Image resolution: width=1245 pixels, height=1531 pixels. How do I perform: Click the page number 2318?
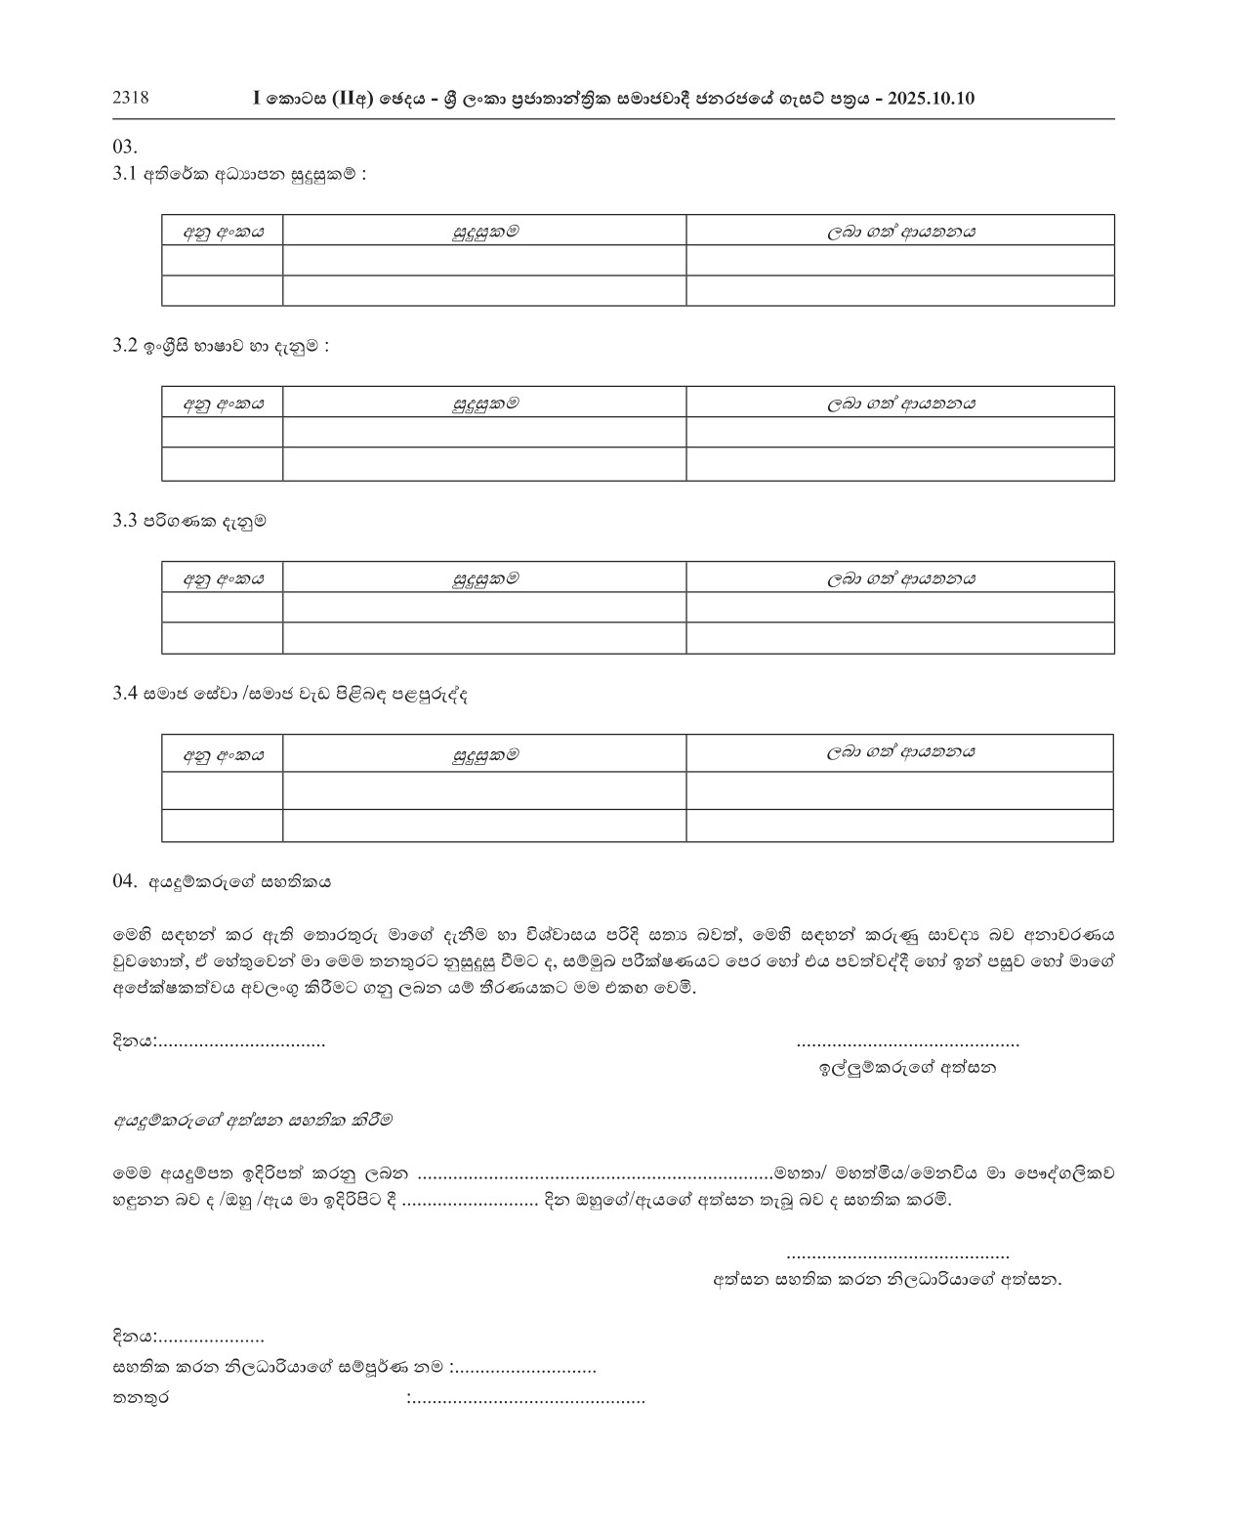click(131, 98)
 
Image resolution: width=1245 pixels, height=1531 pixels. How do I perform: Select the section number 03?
click(125, 148)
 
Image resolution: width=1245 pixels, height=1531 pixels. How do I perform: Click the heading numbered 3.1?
click(239, 176)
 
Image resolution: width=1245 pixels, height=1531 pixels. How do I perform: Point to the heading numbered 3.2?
click(221, 346)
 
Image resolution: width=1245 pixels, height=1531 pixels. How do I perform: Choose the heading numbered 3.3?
click(189, 521)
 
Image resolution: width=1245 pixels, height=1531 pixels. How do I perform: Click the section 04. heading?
click(222, 881)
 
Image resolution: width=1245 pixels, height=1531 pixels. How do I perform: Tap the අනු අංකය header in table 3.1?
click(223, 232)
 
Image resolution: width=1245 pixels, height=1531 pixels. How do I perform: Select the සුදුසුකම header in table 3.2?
click(484, 403)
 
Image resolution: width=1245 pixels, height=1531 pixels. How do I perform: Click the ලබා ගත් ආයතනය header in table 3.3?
click(900, 577)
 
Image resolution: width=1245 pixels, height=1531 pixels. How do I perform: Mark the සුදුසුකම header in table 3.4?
click(484, 753)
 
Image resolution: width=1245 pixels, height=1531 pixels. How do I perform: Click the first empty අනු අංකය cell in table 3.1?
click(223, 261)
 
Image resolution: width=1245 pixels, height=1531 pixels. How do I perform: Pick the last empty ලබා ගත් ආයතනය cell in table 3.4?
click(899, 826)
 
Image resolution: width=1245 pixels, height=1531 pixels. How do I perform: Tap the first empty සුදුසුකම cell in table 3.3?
click(484, 607)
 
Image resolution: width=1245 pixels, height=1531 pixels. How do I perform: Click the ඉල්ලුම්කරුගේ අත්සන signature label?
click(907, 1068)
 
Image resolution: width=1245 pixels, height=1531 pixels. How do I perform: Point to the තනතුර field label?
click(141, 1399)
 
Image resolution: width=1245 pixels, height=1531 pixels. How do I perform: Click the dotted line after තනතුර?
click(527, 1400)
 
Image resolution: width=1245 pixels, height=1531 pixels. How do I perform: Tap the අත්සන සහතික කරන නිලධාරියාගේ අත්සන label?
click(887, 1279)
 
